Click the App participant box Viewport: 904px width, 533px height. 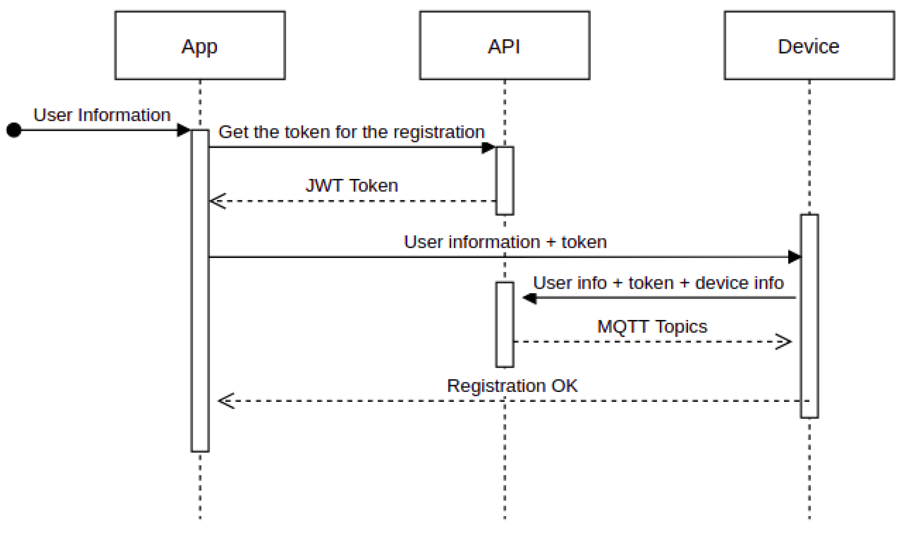click(x=200, y=45)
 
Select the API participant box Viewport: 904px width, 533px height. click(x=505, y=45)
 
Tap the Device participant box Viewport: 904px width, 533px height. click(x=809, y=45)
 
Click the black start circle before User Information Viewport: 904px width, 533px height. click(x=14, y=130)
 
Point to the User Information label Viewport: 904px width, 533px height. click(x=102, y=115)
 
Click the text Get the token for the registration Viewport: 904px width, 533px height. click(x=352, y=132)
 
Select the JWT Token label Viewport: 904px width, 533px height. click(x=352, y=186)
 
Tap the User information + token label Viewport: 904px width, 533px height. click(x=505, y=242)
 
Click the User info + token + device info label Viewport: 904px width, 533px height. click(x=658, y=283)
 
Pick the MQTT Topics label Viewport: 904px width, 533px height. click(x=652, y=327)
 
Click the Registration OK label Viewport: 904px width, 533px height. click(x=512, y=386)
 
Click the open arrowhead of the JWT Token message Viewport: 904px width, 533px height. click(x=217, y=201)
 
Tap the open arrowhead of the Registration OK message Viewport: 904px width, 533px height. click(x=226, y=401)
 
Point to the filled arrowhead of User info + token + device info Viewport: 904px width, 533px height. click(x=530, y=298)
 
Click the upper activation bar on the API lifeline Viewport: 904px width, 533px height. click(x=505, y=181)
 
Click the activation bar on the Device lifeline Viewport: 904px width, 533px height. click(x=810, y=316)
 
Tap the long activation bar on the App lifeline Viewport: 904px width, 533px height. click(x=200, y=291)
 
